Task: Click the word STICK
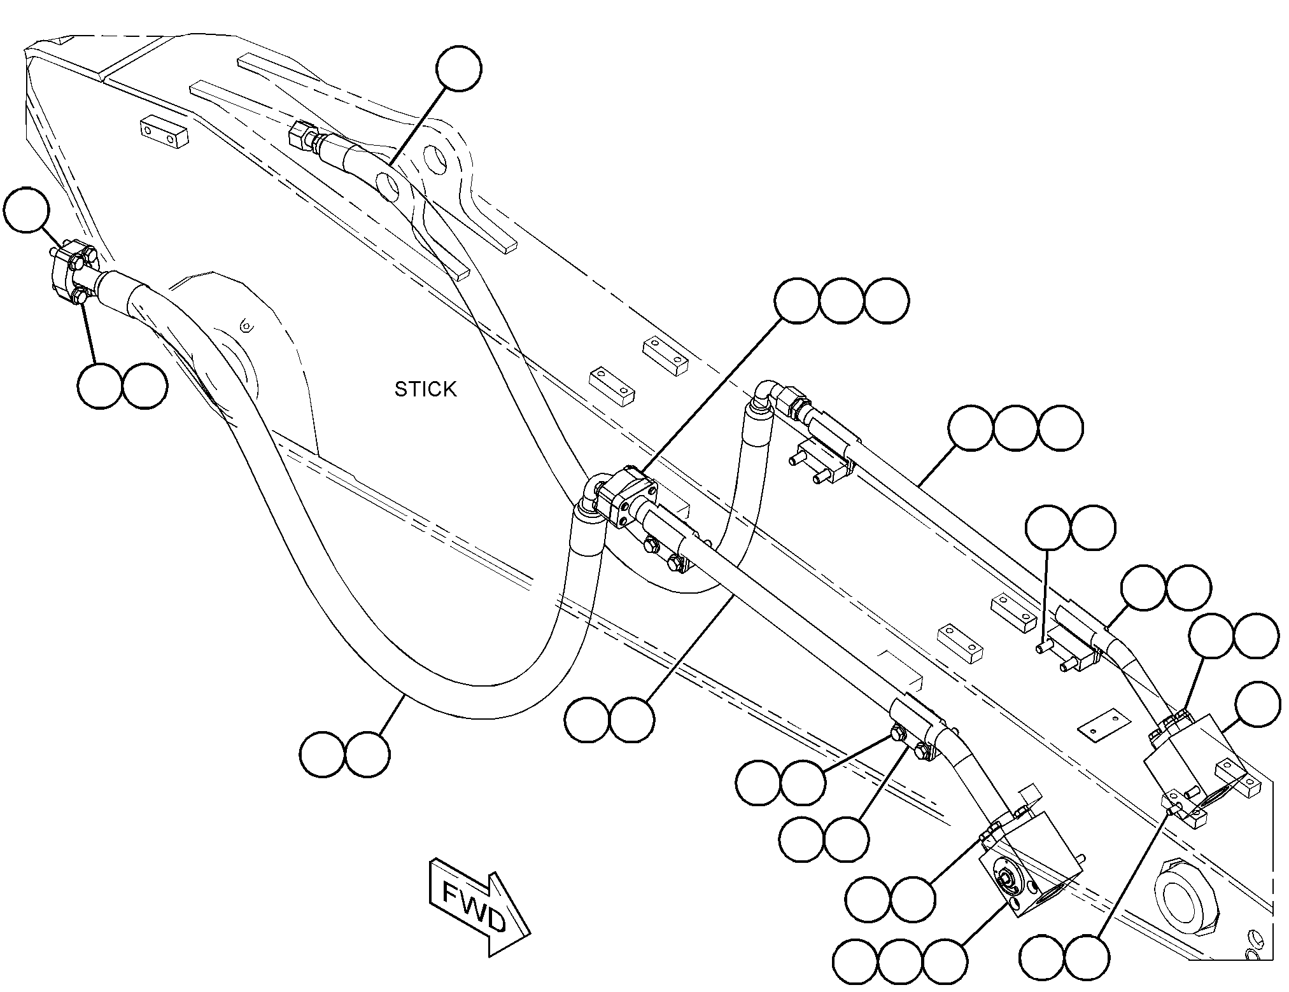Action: pos(425,389)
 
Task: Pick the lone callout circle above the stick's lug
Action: pos(459,69)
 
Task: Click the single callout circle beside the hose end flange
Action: pos(26,210)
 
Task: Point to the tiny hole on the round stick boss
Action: pos(248,326)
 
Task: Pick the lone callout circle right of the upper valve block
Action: pos(1257,704)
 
